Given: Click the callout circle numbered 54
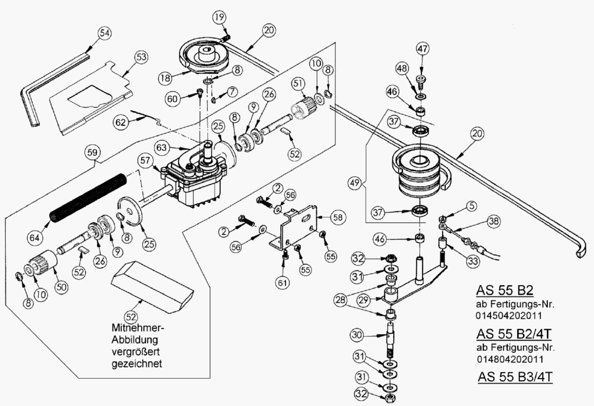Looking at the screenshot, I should pyautogui.click(x=105, y=33).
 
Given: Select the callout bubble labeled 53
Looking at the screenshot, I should pyautogui.click(x=141, y=57).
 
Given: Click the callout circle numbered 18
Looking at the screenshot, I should pyautogui.click(x=165, y=78).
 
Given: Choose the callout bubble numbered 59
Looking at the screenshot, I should pyautogui.click(x=93, y=154).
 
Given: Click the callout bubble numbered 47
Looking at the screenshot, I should pyautogui.click(x=422, y=48).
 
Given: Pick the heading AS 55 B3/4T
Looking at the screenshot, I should pyautogui.click(x=515, y=377).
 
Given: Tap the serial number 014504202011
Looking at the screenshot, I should pyautogui.click(x=509, y=315).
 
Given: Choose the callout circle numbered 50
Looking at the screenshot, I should pyautogui.click(x=62, y=287).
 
